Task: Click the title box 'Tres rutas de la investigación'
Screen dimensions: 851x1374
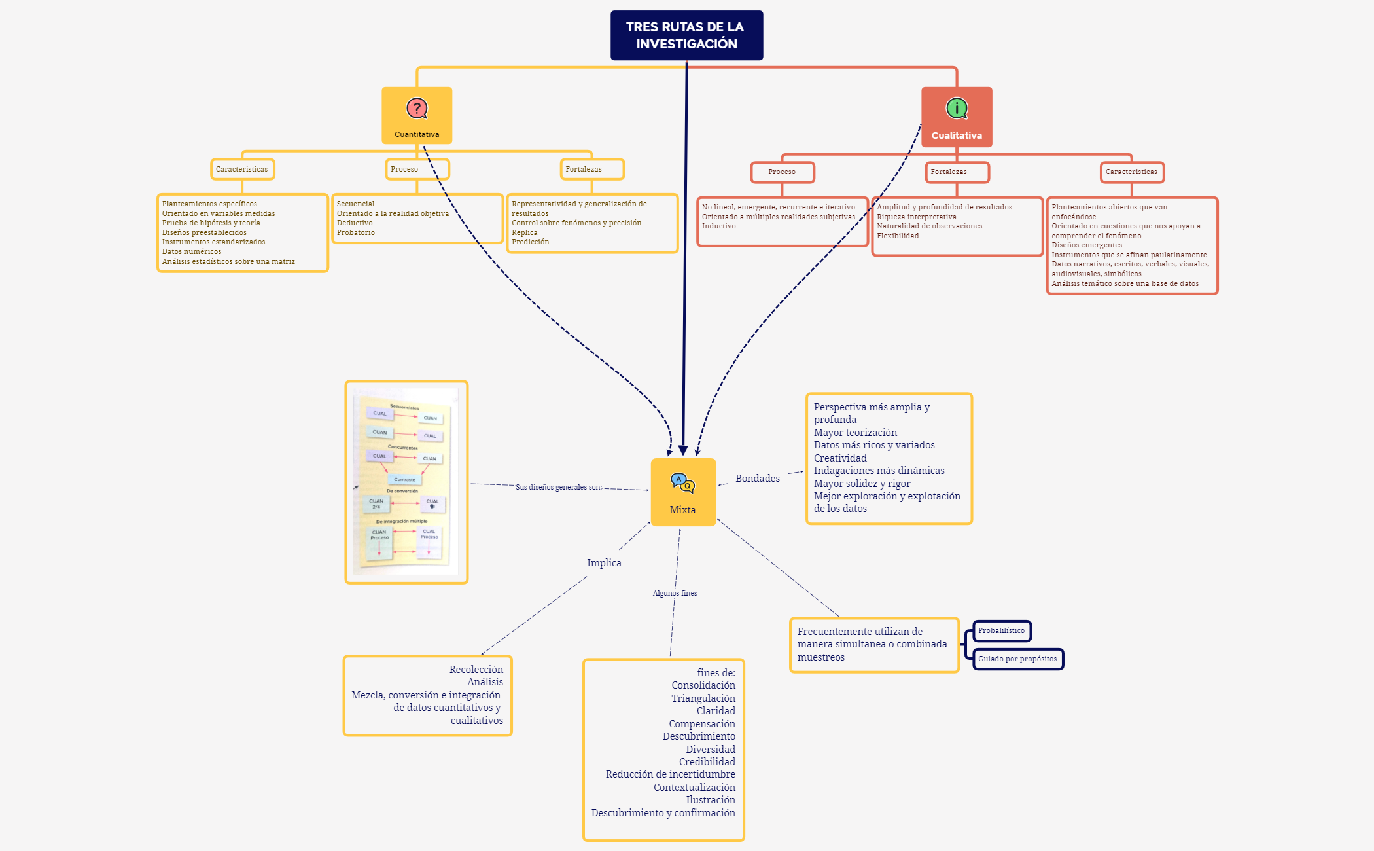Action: click(686, 35)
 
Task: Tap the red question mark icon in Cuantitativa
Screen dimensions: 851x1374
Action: click(417, 108)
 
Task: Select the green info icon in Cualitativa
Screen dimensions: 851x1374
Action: click(957, 108)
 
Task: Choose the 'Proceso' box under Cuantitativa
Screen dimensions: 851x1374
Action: click(417, 169)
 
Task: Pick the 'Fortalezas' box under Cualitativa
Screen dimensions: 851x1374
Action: click(957, 172)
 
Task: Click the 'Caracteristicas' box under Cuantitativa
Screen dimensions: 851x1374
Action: click(242, 169)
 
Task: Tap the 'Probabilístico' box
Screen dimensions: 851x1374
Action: click(1002, 631)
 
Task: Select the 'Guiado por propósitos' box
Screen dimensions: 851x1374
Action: click(1017, 659)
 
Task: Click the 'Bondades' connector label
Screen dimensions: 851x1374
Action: click(757, 479)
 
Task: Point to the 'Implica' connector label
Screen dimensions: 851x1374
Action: click(604, 563)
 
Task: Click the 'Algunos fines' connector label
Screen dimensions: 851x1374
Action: click(675, 593)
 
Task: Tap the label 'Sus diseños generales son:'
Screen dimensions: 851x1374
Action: click(558, 487)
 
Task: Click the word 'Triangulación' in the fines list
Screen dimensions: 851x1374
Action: click(703, 698)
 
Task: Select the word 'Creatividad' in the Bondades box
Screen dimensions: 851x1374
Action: click(840, 458)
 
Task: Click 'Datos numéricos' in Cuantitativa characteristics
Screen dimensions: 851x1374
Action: click(192, 251)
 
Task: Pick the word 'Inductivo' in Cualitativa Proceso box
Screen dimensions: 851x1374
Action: click(718, 226)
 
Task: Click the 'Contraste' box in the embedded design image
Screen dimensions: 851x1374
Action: click(404, 480)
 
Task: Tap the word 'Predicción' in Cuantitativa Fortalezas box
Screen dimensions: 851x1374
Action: click(530, 242)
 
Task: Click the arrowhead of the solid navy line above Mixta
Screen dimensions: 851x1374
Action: click(683, 451)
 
